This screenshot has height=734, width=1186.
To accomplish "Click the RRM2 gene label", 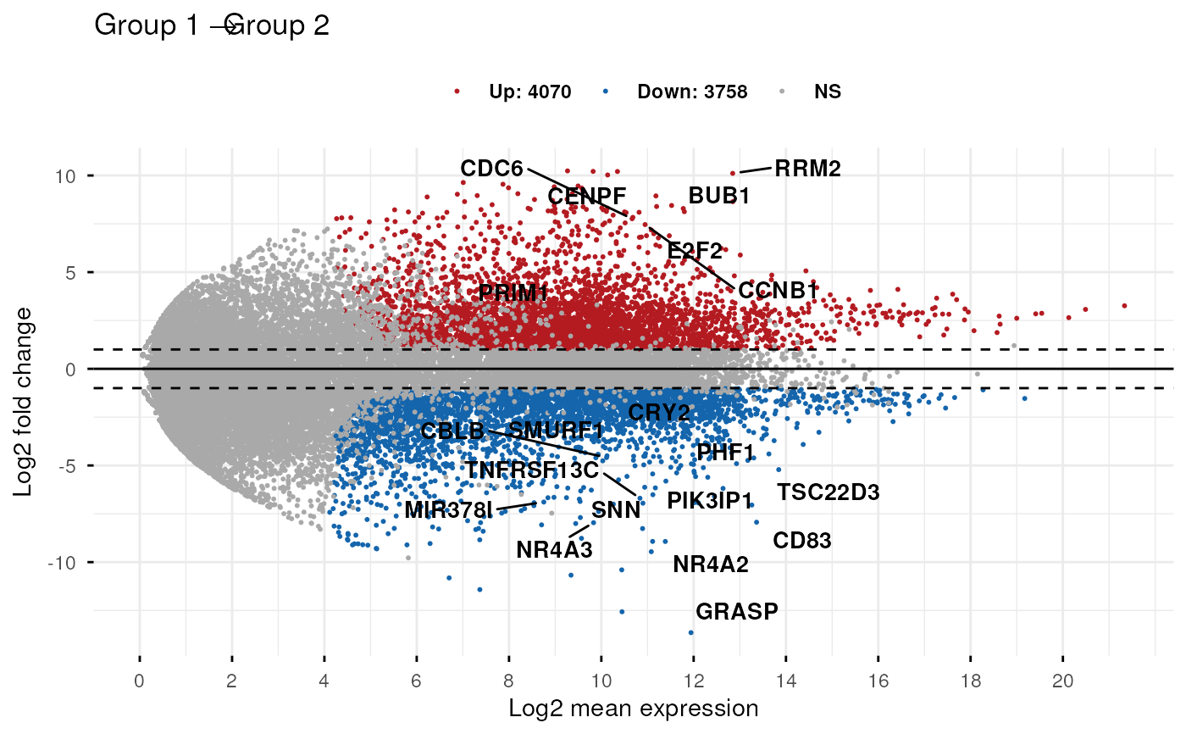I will tap(807, 169).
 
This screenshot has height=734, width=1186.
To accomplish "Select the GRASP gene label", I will tap(736, 611).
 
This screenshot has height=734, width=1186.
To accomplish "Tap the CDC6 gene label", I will tap(491, 169).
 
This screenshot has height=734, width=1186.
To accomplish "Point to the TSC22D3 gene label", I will tap(829, 492).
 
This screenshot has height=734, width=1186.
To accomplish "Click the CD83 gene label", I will tap(801, 541).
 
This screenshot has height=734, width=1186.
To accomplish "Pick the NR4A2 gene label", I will tap(711, 564).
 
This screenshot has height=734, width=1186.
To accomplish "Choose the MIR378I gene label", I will tap(447, 510).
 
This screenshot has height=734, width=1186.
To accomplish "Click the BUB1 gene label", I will tap(718, 196).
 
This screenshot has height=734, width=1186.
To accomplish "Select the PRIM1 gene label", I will tap(513, 293).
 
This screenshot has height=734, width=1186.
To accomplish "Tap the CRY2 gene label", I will tap(658, 413).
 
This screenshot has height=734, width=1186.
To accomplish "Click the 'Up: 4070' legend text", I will tap(529, 92).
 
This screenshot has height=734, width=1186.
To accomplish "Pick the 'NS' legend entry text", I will tap(827, 92).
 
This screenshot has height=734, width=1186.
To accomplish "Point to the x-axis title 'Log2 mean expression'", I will tap(633, 708).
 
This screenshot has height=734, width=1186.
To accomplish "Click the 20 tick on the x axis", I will tap(1062, 681).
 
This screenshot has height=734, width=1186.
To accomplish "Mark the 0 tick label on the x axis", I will tap(139, 681).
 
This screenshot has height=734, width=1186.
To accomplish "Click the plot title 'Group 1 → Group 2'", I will tap(211, 25).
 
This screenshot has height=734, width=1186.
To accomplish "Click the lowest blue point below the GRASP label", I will tap(690, 632).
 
